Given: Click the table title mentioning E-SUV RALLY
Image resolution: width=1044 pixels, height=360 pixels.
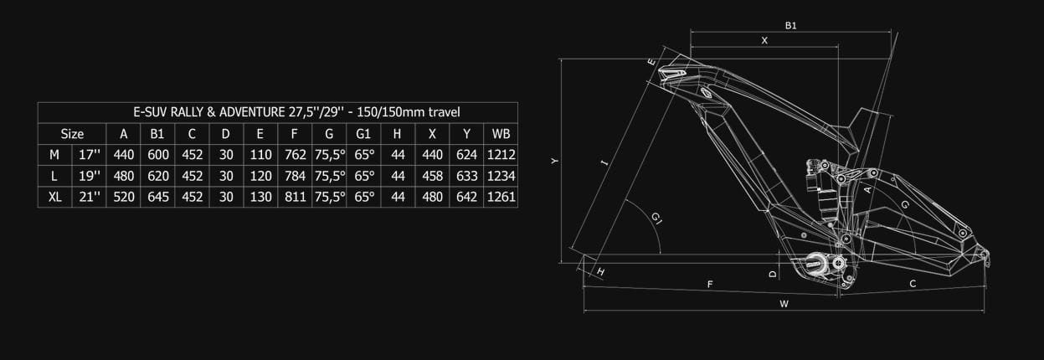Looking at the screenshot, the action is [x=296, y=112].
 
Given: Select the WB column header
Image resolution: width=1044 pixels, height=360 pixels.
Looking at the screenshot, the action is [x=501, y=134].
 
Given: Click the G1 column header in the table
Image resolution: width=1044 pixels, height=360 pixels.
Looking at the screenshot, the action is [x=363, y=134].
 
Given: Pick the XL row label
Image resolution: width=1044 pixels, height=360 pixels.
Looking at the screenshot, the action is [x=55, y=197].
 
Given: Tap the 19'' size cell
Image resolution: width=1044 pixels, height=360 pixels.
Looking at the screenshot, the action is [x=89, y=176].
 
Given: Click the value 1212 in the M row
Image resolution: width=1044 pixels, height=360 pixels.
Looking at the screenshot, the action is [x=501, y=155].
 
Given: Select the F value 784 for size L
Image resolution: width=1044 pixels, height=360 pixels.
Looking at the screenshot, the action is [x=295, y=176].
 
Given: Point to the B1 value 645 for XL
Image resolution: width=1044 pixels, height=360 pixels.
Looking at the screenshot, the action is [x=158, y=197].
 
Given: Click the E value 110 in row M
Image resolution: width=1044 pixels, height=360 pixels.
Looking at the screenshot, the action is [x=260, y=155].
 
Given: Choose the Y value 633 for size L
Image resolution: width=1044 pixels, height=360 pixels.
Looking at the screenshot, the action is [x=466, y=176].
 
